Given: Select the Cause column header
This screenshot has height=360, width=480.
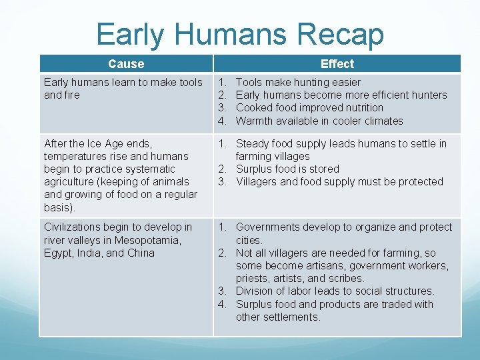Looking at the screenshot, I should pos(126,64).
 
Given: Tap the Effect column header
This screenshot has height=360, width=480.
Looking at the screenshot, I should pos(337,64).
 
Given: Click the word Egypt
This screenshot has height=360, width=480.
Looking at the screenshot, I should pos(58,253).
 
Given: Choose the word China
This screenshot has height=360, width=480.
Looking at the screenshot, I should pos(141,253).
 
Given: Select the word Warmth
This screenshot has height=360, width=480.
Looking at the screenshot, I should pos(255,121).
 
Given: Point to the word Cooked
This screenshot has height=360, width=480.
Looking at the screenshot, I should pos(254,108).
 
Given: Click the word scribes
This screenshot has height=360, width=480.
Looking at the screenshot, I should pos(345,279).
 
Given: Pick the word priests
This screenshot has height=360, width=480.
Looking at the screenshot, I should pos(253,279).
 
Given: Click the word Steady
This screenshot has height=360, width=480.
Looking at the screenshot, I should pos(253,144).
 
